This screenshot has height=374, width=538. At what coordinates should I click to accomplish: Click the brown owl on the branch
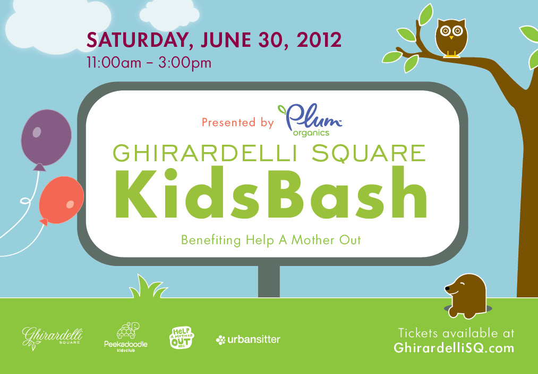click(x=451, y=38)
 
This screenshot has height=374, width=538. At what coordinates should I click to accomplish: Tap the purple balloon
click(x=46, y=139)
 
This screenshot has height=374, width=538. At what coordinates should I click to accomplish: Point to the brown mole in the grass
click(x=466, y=296)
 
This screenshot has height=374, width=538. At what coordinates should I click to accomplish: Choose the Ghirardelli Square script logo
click(x=52, y=338)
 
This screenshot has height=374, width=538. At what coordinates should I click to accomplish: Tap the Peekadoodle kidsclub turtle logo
click(x=126, y=337)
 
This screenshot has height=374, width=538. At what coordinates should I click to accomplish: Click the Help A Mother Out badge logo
click(x=182, y=338)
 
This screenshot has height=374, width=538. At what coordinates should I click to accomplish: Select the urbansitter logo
click(x=248, y=339)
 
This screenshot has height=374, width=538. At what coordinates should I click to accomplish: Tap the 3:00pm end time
click(x=185, y=63)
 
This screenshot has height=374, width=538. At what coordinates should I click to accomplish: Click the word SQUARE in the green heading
click(x=369, y=153)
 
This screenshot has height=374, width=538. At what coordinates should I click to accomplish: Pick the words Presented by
click(x=238, y=123)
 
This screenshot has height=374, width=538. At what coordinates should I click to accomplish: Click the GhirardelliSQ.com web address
click(x=454, y=348)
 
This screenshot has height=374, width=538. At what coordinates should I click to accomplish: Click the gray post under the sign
click(x=269, y=281)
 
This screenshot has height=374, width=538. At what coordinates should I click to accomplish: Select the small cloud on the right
click(x=169, y=15)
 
